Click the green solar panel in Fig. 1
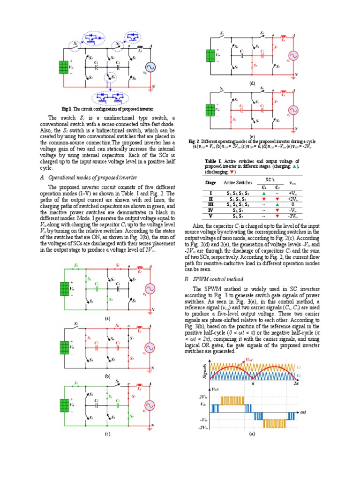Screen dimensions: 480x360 click(x=64, y=67)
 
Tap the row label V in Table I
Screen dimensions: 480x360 click(x=211, y=217)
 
